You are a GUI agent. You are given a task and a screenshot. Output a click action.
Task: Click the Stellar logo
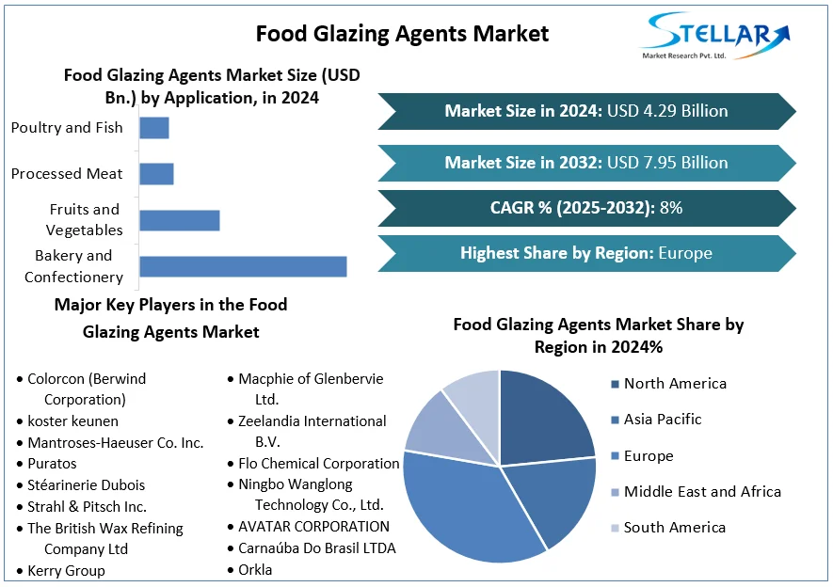pyautogui.click(x=714, y=36)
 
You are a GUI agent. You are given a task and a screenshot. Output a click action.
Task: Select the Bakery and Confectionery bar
pyautogui.click(x=243, y=266)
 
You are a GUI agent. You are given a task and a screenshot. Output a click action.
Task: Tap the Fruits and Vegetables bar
pyautogui.click(x=179, y=220)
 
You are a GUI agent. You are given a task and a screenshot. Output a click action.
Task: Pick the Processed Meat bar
pyautogui.click(x=156, y=174)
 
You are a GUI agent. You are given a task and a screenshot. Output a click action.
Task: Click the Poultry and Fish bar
pyautogui.click(x=154, y=128)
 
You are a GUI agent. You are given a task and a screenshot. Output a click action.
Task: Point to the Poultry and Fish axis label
pyautogui.click(x=67, y=128)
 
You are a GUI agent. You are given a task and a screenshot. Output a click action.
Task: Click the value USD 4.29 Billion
pyautogui.click(x=667, y=111)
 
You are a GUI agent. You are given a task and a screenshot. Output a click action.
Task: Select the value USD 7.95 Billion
pyautogui.click(x=667, y=163)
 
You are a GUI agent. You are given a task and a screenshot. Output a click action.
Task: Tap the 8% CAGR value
pyautogui.click(x=671, y=208)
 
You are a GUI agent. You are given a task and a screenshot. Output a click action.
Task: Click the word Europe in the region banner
pyautogui.click(x=685, y=253)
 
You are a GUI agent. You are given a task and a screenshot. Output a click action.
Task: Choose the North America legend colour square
pyautogui.click(x=615, y=384)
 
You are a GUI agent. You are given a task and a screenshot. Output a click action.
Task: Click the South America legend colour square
pyautogui.click(x=615, y=528)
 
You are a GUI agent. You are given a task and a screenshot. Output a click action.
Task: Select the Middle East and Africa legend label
pyautogui.click(x=702, y=491)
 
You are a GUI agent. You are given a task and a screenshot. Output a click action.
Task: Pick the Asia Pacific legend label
pyautogui.click(x=663, y=420)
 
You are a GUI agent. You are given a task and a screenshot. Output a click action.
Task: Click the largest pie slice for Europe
pyautogui.click(x=461, y=508)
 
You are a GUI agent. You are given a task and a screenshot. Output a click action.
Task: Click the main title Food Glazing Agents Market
pyautogui.click(x=402, y=34)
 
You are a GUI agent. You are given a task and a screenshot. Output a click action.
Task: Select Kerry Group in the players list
pyautogui.click(x=66, y=571)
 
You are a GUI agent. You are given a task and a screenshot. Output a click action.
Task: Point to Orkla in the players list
pyautogui.click(x=255, y=569)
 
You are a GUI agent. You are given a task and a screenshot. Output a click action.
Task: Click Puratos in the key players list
pyautogui.click(x=53, y=464)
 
